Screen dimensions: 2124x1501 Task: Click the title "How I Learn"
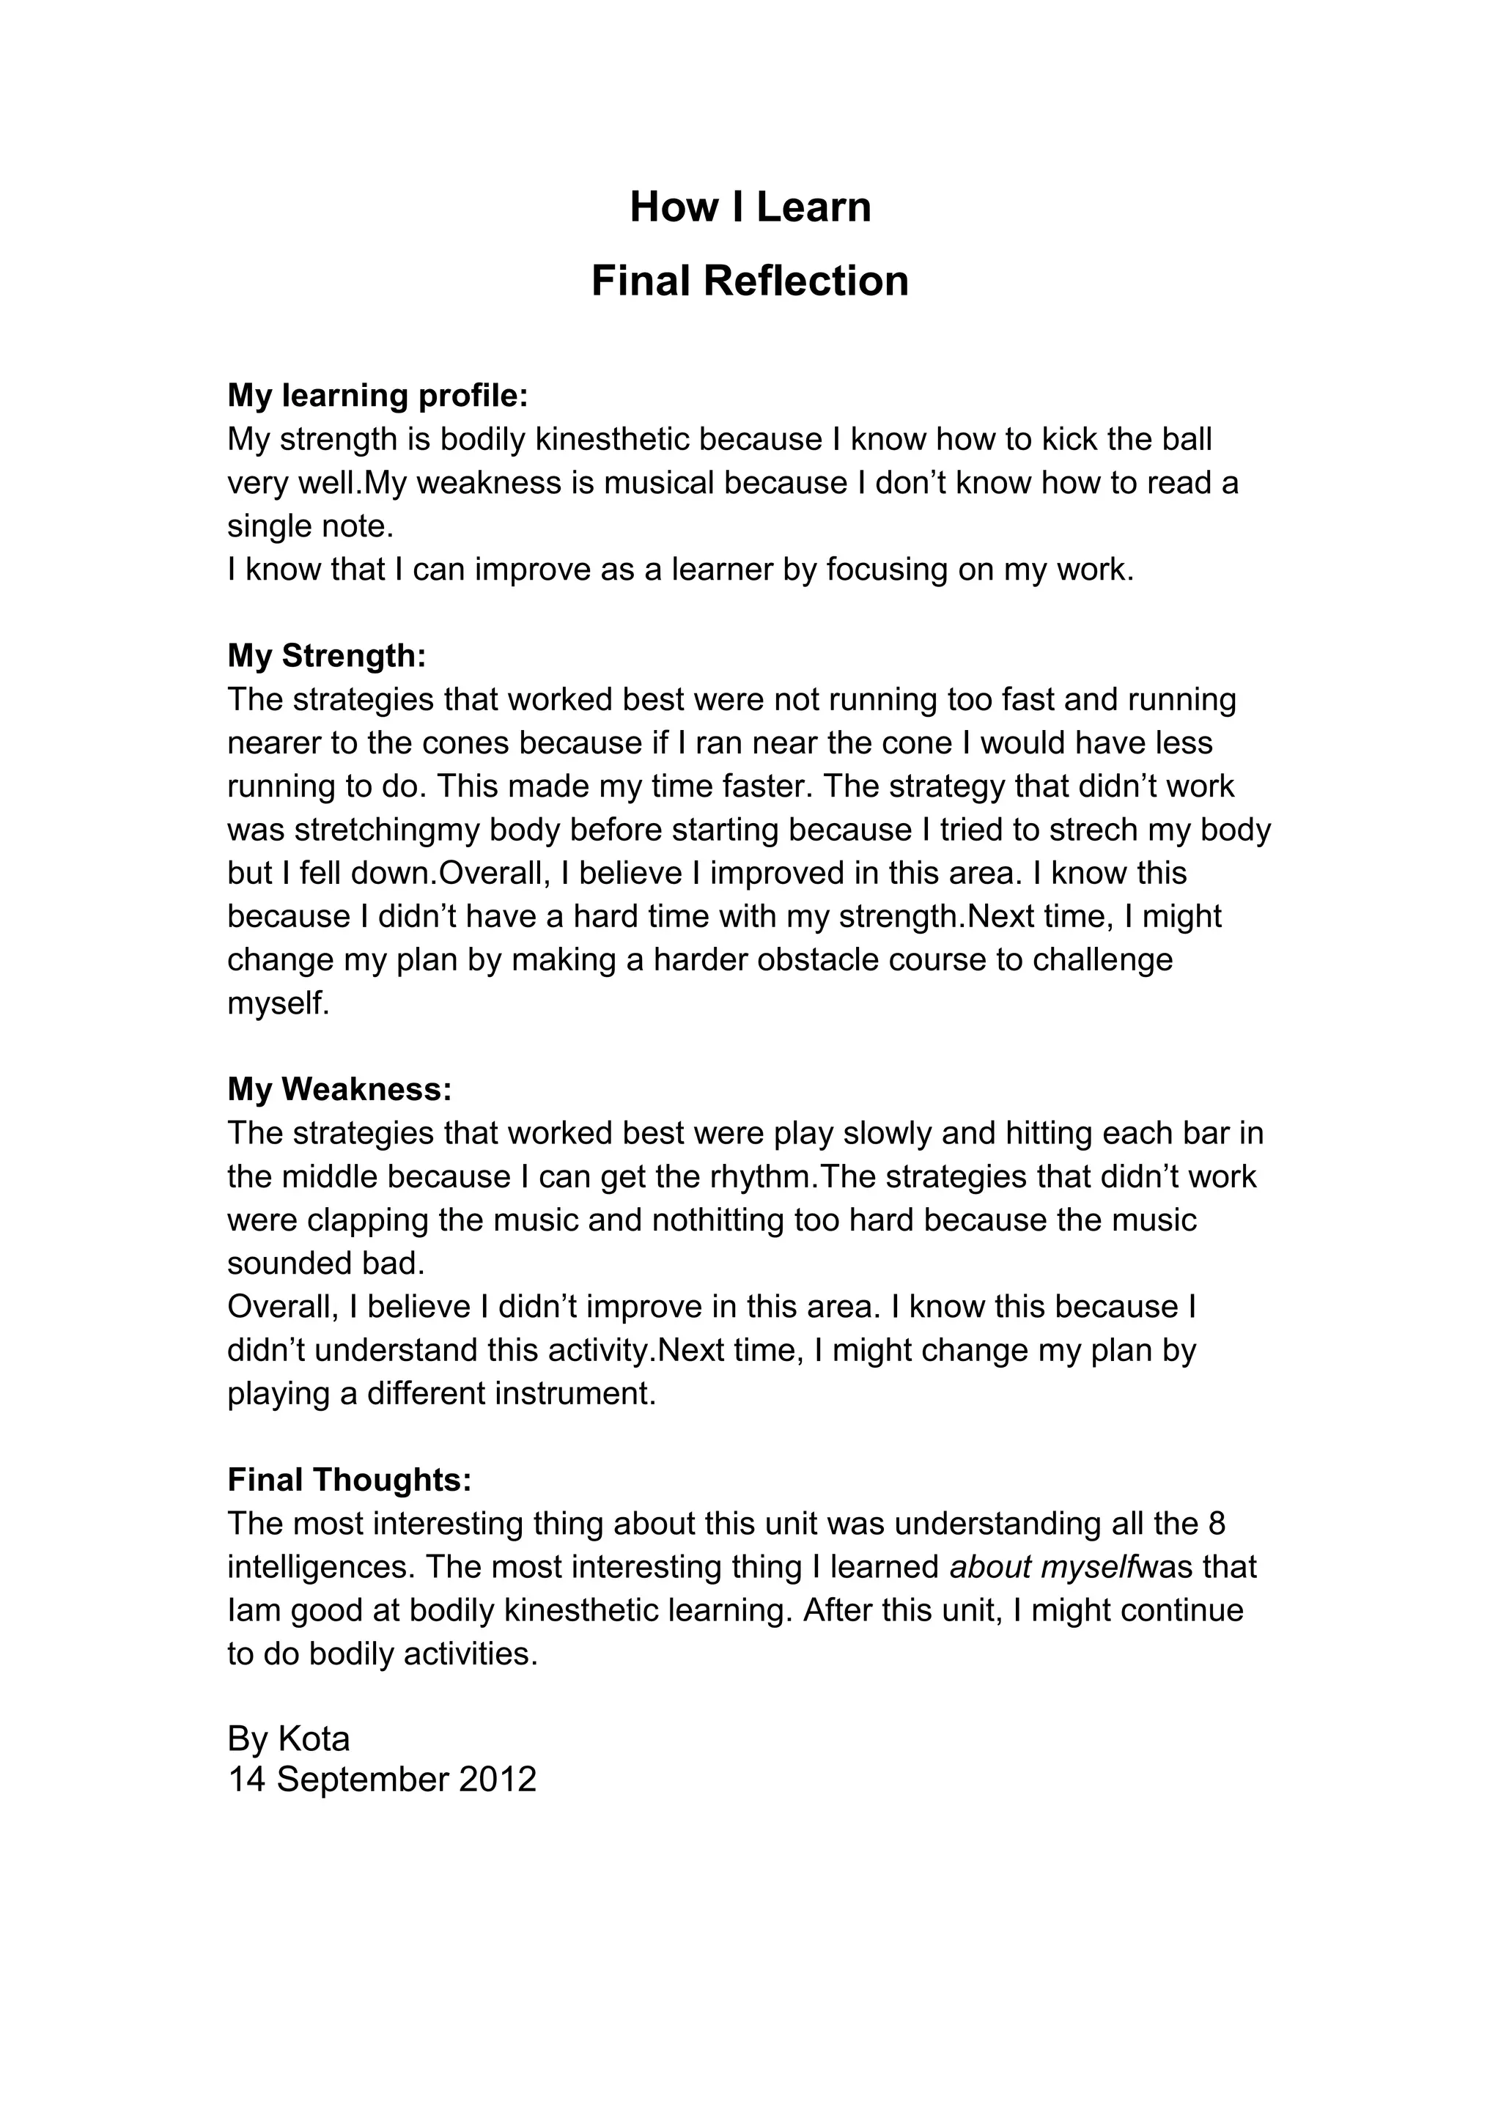[750, 207]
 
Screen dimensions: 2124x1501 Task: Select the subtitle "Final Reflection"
[750, 281]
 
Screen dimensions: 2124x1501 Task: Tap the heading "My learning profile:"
[377, 396]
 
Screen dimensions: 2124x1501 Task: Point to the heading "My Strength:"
[326, 656]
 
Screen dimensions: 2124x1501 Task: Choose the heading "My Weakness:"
[339, 1090]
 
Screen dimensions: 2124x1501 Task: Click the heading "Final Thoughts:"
[350, 1480]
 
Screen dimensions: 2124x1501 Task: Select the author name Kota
[314, 1740]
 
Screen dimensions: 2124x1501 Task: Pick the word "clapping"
[367, 1220]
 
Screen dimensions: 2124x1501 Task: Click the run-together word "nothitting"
[718, 1220]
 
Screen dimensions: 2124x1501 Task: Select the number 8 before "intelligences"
[1217, 1524]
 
